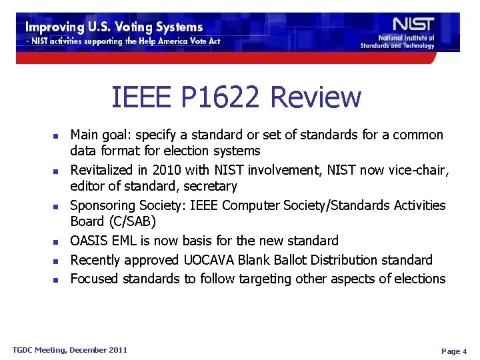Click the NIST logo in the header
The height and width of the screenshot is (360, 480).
(x=413, y=24)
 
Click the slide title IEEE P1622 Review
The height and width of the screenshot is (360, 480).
(x=236, y=97)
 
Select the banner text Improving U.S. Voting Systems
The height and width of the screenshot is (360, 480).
(x=114, y=27)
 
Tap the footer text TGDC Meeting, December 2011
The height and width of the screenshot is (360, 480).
(x=70, y=350)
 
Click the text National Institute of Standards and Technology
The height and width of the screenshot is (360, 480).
(x=397, y=42)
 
